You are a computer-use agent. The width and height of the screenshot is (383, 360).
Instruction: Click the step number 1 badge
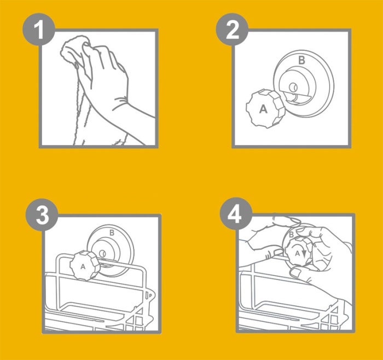point(39,30)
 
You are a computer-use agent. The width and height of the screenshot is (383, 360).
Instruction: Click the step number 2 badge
point(232,30)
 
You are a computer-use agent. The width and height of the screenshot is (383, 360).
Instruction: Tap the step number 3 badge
point(42,214)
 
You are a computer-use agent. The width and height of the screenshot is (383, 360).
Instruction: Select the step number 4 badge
point(236,214)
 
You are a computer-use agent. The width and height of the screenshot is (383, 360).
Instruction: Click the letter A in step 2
point(263,109)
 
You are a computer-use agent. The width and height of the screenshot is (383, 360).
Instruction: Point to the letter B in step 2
point(302,60)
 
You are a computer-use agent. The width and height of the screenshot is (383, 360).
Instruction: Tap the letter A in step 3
point(83,267)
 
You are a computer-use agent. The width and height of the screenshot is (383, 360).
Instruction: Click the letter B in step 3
point(112,233)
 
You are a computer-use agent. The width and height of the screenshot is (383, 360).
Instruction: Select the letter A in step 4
point(297,253)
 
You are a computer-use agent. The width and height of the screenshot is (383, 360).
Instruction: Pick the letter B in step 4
point(291,235)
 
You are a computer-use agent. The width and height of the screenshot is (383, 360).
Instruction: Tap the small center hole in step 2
point(293,86)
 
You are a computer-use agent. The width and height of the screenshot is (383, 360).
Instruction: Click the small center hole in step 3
point(102,253)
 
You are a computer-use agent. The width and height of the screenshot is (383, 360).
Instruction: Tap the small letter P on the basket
point(150,295)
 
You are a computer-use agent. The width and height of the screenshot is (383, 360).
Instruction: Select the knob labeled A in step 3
point(85,265)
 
